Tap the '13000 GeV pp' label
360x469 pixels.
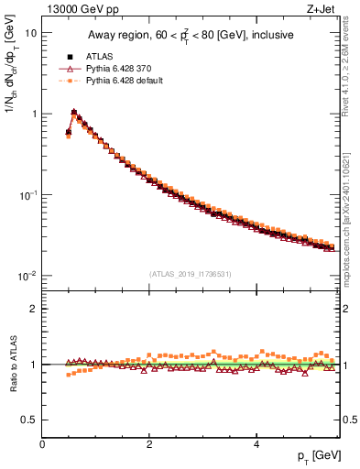point(75,10)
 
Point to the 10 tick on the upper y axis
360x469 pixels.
point(30,33)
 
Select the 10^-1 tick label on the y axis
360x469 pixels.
point(27,195)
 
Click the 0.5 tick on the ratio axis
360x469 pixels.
point(29,420)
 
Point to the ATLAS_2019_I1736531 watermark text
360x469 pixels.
point(191,273)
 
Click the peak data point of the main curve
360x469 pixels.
point(74,113)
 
